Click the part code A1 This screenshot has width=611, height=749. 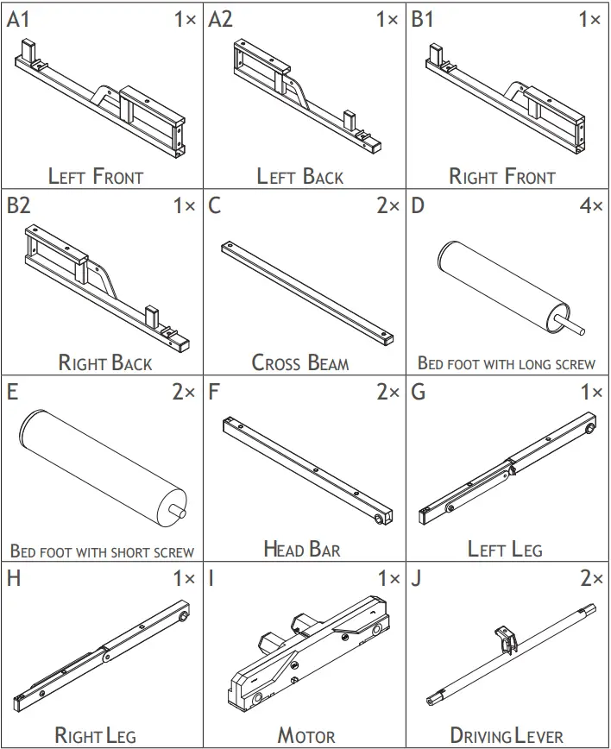[x=19, y=19]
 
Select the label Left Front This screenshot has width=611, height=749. [x=96, y=177]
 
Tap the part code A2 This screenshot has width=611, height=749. [x=222, y=19]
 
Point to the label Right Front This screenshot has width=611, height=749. [x=502, y=177]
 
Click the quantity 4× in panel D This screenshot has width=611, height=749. [x=590, y=206]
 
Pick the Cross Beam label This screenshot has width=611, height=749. [x=300, y=362]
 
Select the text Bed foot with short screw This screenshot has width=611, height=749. [x=102, y=551]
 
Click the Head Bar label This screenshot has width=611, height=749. [x=301, y=549]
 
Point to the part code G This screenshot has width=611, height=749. [x=419, y=393]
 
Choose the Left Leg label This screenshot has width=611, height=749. [x=505, y=549]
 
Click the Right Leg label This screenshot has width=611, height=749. [x=96, y=735]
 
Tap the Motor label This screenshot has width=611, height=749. [x=305, y=735]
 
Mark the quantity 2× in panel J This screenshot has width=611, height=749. [x=590, y=579]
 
